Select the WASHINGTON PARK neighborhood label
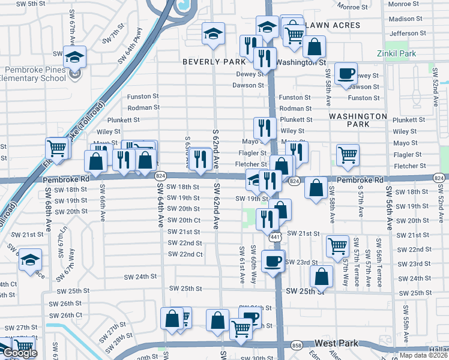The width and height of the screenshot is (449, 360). [358, 120]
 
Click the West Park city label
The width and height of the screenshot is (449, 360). [336, 343]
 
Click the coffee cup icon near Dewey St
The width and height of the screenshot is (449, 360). [346, 74]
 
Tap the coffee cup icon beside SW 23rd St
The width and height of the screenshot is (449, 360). [273, 261]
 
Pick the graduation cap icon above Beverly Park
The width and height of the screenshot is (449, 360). [212, 35]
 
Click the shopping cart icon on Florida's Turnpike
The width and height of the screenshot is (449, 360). [57, 148]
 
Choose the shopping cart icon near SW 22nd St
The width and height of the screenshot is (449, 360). [338, 245]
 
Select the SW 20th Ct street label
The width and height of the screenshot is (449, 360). [184, 221]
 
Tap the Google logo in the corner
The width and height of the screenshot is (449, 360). [19, 353]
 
